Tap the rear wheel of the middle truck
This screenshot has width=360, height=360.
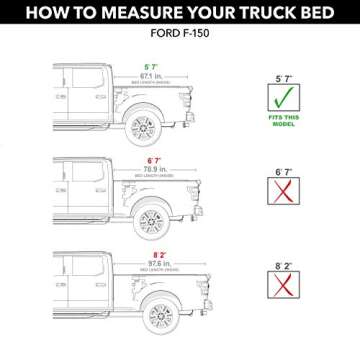[166, 212]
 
